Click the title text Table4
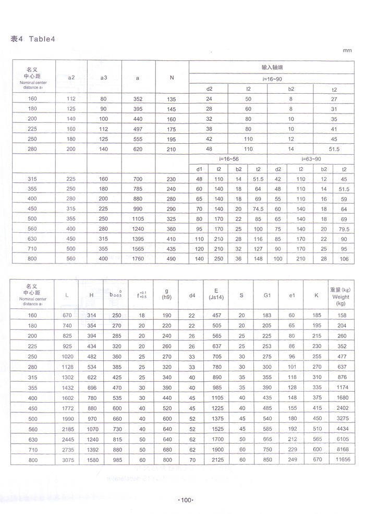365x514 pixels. pos(39,39)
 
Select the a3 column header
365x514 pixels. pos(104,78)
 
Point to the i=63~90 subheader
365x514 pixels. pos(311,158)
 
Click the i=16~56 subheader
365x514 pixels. pos(228,158)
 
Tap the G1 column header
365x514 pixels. pos(267,295)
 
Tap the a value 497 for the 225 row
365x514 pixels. pos(138,129)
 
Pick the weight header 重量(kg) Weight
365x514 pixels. pos(342,295)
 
